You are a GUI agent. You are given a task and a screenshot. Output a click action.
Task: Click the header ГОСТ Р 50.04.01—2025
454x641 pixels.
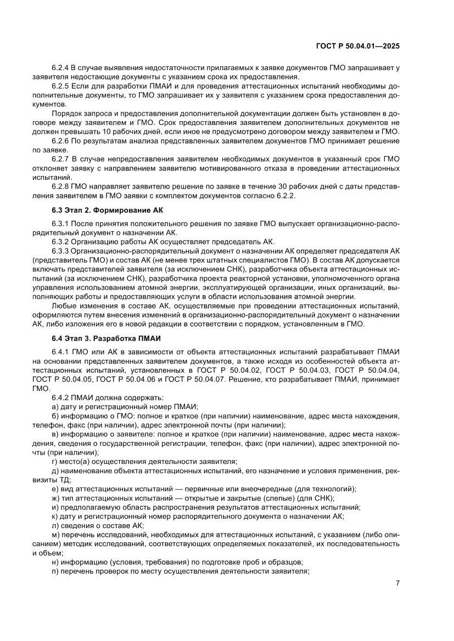[x=358, y=47]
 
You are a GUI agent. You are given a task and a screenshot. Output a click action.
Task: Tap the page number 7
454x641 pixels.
[x=397, y=583]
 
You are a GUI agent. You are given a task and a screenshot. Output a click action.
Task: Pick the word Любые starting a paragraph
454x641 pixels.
[x=63, y=306]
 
